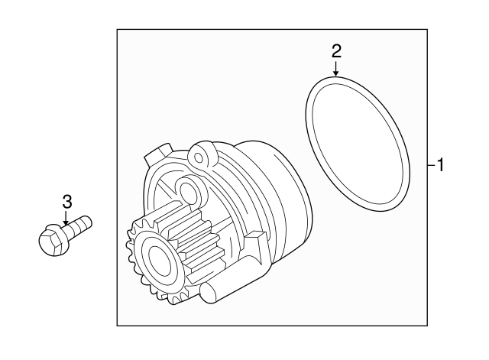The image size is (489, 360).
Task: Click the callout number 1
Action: (440, 164)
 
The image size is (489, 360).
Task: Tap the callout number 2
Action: (336, 51)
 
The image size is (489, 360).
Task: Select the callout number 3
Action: (67, 202)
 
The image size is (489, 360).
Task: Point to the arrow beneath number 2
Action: (336, 69)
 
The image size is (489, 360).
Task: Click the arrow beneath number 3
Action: (66, 220)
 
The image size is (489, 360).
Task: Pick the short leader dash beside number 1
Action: (430, 164)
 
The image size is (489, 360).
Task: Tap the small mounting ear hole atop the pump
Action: (201, 158)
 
